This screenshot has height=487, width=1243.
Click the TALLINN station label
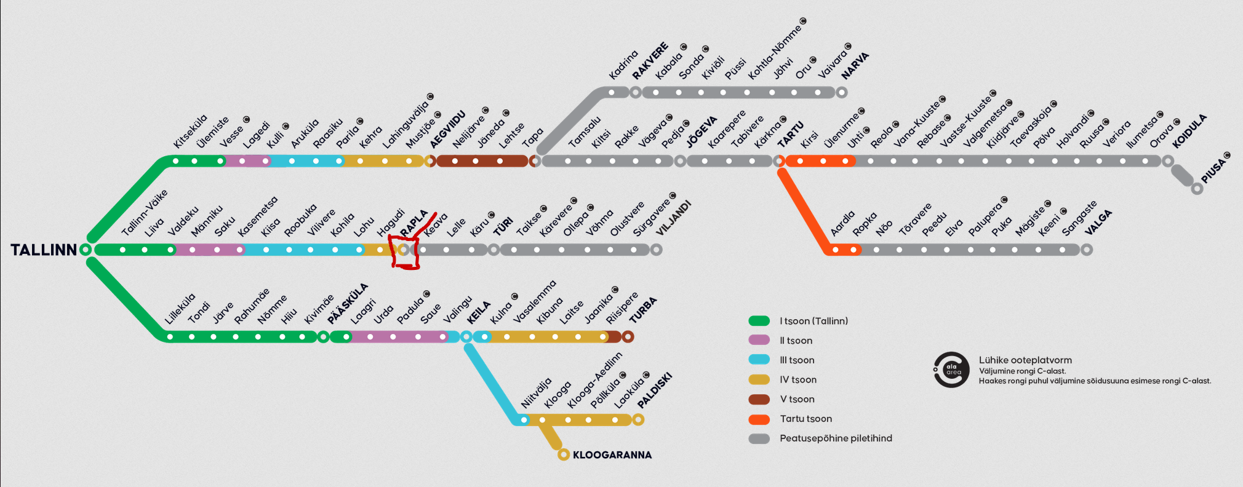pos(44,250)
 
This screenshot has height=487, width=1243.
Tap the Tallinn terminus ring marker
pos(86,250)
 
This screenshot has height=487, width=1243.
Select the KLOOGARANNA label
pos(612,455)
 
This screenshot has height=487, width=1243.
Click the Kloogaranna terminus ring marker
pos(563,455)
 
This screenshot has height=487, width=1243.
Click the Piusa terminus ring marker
pos(1197,189)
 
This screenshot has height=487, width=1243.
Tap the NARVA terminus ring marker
pos(841,93)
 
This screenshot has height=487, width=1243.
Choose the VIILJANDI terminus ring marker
pos(657,250)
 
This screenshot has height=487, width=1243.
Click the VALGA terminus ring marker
pos(1087,250)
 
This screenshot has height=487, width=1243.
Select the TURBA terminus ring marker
pos(628,337)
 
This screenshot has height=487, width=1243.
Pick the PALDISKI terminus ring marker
pos(638,420)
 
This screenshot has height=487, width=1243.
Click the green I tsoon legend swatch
pos(759,321)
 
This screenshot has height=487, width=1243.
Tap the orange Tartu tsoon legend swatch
pos(759,419)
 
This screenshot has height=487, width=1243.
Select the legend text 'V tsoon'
pos(797,400)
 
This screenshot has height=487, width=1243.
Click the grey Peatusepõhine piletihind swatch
pos(759,439)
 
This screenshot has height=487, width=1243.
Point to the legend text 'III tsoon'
pos(797,360)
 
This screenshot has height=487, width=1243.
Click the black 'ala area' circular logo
pos(951,370)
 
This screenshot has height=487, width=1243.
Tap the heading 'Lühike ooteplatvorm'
pos(1025,360)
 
